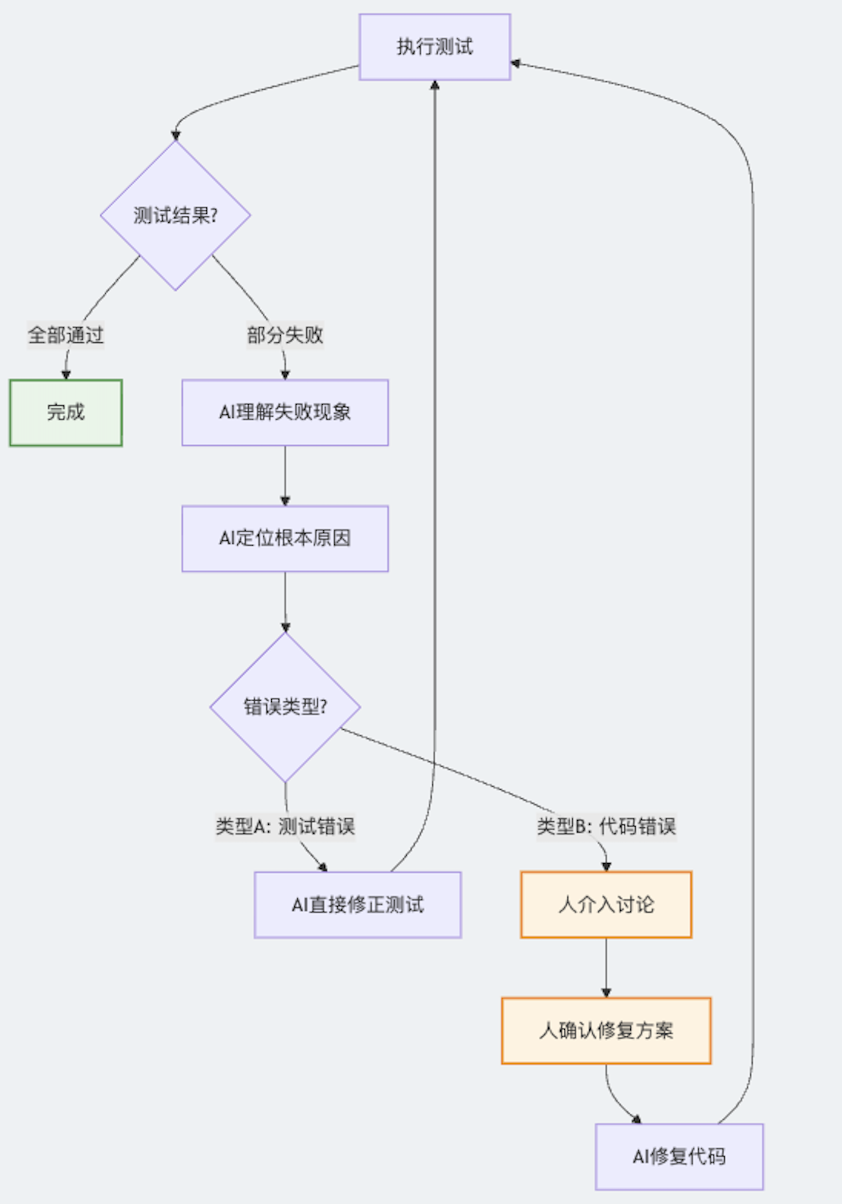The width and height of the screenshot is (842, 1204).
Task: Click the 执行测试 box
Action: [435, 47]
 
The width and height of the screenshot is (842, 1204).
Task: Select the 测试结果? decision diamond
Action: [175, 215]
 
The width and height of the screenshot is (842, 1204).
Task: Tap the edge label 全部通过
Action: [65, 335]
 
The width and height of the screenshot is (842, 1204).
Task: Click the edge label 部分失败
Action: [285, 335]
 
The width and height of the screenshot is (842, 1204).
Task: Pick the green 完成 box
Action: [66, 412]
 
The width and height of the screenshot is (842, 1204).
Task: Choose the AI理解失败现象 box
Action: [285, 412]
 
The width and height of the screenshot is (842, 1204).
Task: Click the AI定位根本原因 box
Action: [285, 538]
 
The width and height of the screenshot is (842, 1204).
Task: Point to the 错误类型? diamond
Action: [285, 707]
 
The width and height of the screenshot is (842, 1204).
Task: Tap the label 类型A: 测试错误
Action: [285, 826]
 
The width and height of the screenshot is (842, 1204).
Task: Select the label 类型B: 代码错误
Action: [606, 826]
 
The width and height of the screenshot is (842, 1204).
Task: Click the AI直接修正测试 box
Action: [357, 904]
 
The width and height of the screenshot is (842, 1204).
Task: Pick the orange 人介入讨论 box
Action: [606, 904]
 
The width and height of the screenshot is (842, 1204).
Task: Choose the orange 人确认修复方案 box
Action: [606, 1030]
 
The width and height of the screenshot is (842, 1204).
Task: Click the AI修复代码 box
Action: [679, 1156]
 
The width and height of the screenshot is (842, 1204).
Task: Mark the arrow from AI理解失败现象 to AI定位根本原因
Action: [285, 475]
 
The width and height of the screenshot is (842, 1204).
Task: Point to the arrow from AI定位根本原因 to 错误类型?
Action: [285, 601]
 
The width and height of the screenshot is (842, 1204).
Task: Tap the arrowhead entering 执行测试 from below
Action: [435, 85]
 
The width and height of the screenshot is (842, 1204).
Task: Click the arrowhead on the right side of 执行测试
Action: [516, 63]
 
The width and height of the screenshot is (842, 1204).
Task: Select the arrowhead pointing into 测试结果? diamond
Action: [175, 136]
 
